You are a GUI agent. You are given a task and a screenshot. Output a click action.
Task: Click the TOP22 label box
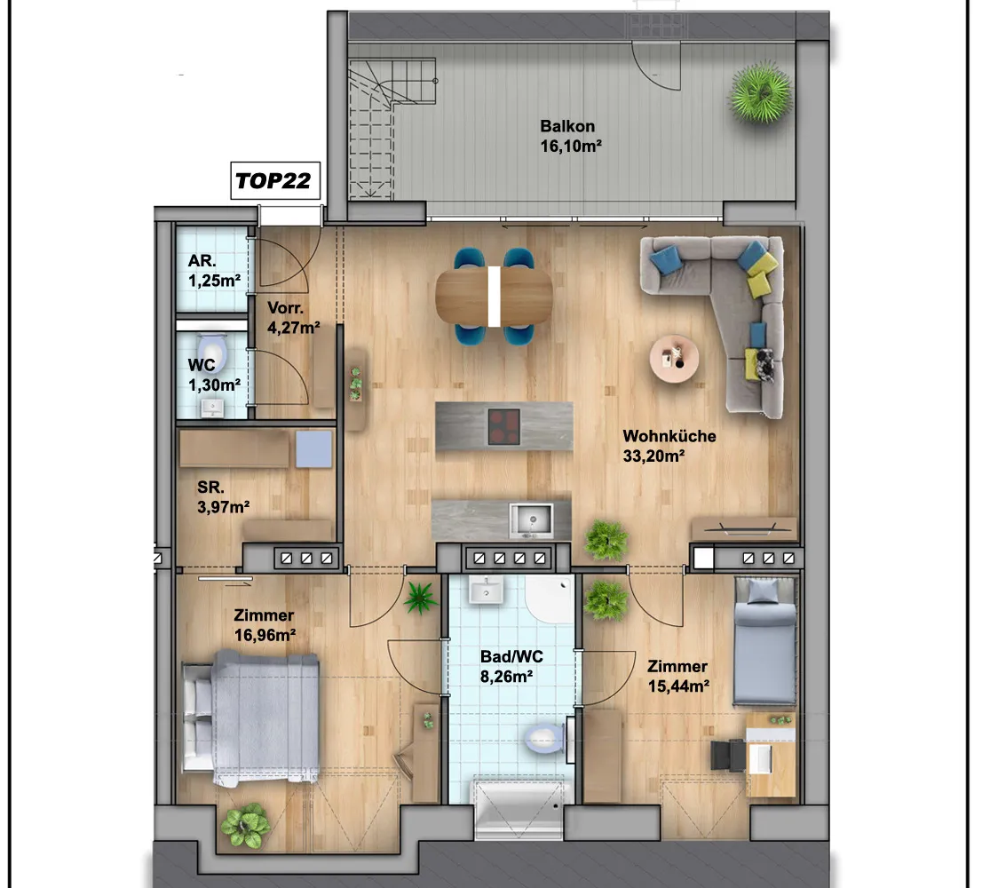point(275,181)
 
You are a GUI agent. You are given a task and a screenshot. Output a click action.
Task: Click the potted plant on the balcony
point(760,91)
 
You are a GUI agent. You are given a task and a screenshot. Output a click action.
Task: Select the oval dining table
point(495,297)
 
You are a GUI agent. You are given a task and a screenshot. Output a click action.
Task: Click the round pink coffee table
point(674,358)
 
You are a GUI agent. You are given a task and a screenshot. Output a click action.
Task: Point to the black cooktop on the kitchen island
point(504,426)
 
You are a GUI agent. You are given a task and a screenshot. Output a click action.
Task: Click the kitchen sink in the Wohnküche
point(531,519)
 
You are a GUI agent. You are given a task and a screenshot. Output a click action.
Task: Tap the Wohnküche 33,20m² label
point(669,446)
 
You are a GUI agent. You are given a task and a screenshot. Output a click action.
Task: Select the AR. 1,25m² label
point(214,271)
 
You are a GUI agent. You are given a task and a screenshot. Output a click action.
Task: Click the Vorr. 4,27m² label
point(293,318)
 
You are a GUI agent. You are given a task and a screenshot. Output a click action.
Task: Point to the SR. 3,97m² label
point(223,497)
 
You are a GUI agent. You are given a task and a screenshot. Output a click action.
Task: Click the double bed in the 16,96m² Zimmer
point(250,715)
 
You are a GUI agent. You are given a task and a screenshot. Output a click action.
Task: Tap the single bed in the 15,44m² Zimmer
point(764,640)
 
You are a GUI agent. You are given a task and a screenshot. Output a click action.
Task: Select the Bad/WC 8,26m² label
point(511,666)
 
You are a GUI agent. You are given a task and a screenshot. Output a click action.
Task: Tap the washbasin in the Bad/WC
point(486,590)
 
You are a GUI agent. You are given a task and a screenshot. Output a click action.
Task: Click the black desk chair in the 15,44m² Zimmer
point(728,755)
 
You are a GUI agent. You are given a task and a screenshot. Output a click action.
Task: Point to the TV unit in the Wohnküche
point(744,528)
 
